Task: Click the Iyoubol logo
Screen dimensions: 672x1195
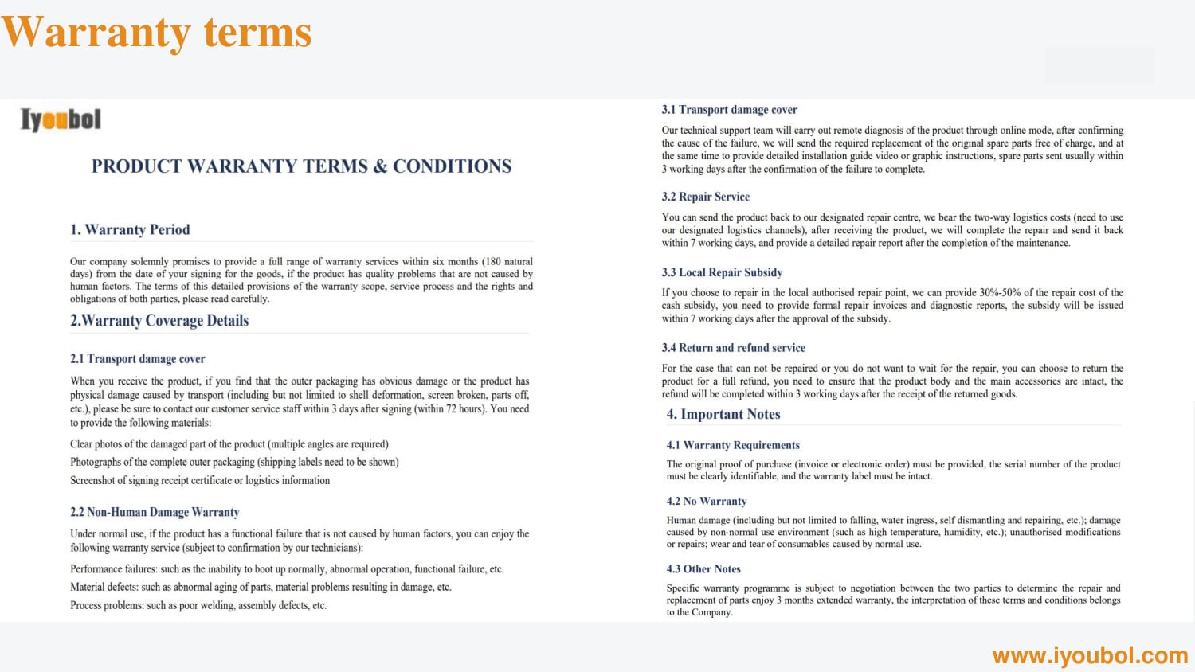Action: pyautogui.click(x=61, y=120)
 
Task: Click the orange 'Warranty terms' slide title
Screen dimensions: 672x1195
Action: pyautogui.click(x=156, y=33)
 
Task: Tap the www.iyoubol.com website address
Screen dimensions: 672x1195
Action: pyautogui.click(x=1090, y=655)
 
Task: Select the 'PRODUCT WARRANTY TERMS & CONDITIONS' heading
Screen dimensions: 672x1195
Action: pyautogui.click(x=301, y=166)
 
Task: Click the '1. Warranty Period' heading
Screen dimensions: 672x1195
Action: pyautogui.click(x=130, y=229)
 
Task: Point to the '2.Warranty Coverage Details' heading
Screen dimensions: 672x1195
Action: pyautogui.click(x=159, y=321)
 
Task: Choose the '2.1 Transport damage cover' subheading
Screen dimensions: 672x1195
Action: pyautogui.click(x=138, y=359)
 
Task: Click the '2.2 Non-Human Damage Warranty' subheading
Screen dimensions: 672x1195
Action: pyautogui.click(x=155, y=512)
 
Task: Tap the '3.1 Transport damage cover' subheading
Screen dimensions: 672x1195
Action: pyautogui.click(x=729, y=110)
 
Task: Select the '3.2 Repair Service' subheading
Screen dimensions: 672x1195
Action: pyautogui.click(x=706, y=197)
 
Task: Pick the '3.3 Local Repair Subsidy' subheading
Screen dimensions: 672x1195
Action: pyautogui.click(x=722, y=272)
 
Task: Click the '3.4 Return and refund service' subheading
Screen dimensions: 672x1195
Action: pyautogui.click(x=733, y=348)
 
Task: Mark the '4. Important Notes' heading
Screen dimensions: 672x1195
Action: pyautogui.click(x=723, y=414)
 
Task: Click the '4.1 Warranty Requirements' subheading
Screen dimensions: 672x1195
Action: pyautogui.click(x=733, y=445)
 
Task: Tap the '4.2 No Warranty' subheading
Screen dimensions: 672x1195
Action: pyautogui.click(x=707, y=501)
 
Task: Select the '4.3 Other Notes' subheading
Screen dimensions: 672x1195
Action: pyautogui.click(x=703, y=568)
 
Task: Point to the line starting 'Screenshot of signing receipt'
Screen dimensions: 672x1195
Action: pyautogui.click(x=200, y=480)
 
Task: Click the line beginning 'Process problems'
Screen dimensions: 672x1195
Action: pyautogui.click(x=198, y=605)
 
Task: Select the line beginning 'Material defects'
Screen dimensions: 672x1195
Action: pyautogui.click(x=261, y=587)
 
